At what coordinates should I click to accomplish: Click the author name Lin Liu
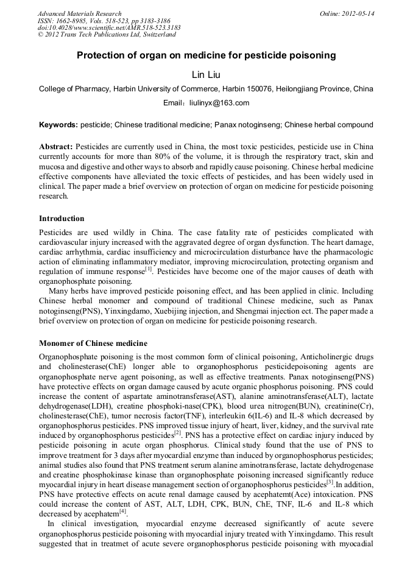click(x=206, y=74)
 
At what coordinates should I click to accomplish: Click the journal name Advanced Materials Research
click(x=79, y=13)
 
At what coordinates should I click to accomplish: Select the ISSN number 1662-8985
click(x=71, y=21)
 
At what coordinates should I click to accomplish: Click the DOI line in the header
click(x=108, y=28)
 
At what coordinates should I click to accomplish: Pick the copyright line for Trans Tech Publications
click(x=107, y=35)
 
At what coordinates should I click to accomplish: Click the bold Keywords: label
click(x=58, y=125)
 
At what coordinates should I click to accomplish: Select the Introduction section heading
click(x=62, y=219)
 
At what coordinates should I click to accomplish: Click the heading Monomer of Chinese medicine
click(x=93, y=343)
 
